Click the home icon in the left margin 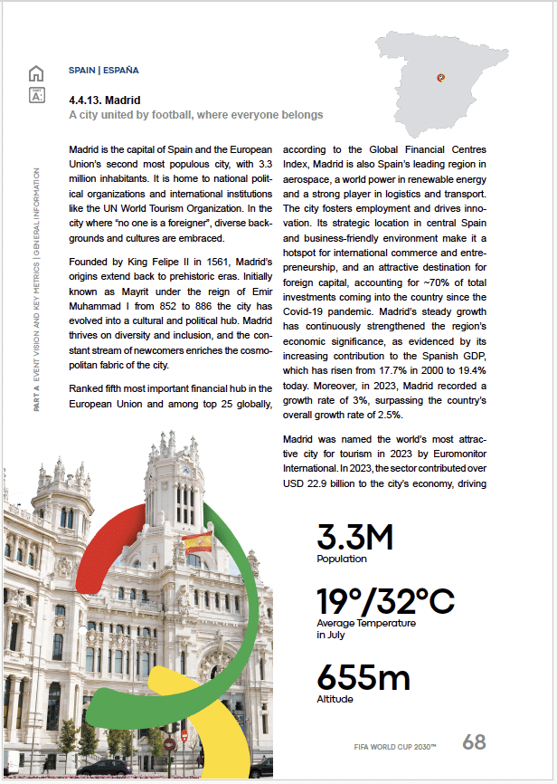click(x=36, y=73)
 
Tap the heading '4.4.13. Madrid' click(x=105, y=100)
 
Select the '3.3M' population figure click(x=354, y=537)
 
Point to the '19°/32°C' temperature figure click(x=385, y=601)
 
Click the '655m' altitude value click(x=363, y=678)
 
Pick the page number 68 click(x=474, y=742)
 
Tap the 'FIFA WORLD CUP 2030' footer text click(x=395, y=747)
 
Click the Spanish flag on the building click(x=197, y=542)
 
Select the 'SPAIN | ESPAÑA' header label click(x=104, y=70)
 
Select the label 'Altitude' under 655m click(x=335, y=699)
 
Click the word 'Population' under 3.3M click(x=342, y=559)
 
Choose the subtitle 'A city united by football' click(x=195, y=115)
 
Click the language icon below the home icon click(x=36, y=95)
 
